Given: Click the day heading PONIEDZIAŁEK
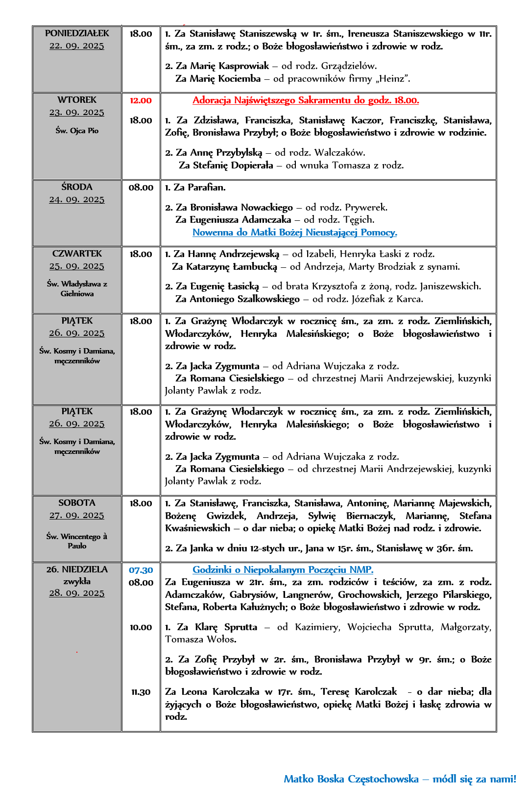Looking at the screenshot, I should tap(77, 33).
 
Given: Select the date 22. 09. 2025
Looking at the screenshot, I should tap(77, 46).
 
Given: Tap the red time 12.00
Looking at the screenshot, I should tap(141, 100).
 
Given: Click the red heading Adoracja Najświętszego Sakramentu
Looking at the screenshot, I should tap(306, 100).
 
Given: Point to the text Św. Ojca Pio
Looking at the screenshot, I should tap(77, 131).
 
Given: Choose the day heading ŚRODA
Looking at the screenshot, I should tap(77, 187).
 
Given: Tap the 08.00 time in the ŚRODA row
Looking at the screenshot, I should tap(141, 188).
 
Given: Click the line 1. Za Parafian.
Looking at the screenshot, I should tap(195, 188).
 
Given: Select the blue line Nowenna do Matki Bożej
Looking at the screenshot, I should tap(294, 233).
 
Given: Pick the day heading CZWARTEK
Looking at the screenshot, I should tap(77, 254).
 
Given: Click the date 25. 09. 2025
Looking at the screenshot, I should tap(77, 266).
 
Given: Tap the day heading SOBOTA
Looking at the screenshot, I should tap(77, 503).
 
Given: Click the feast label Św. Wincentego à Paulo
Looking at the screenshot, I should tap(77, 541).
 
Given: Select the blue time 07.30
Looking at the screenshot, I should tap(141, 570).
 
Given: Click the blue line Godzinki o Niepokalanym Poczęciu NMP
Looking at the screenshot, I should tap(283, 570).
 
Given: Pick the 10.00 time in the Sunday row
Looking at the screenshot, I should tap(141, 627).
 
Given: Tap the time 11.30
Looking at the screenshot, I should tap(141, 692).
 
